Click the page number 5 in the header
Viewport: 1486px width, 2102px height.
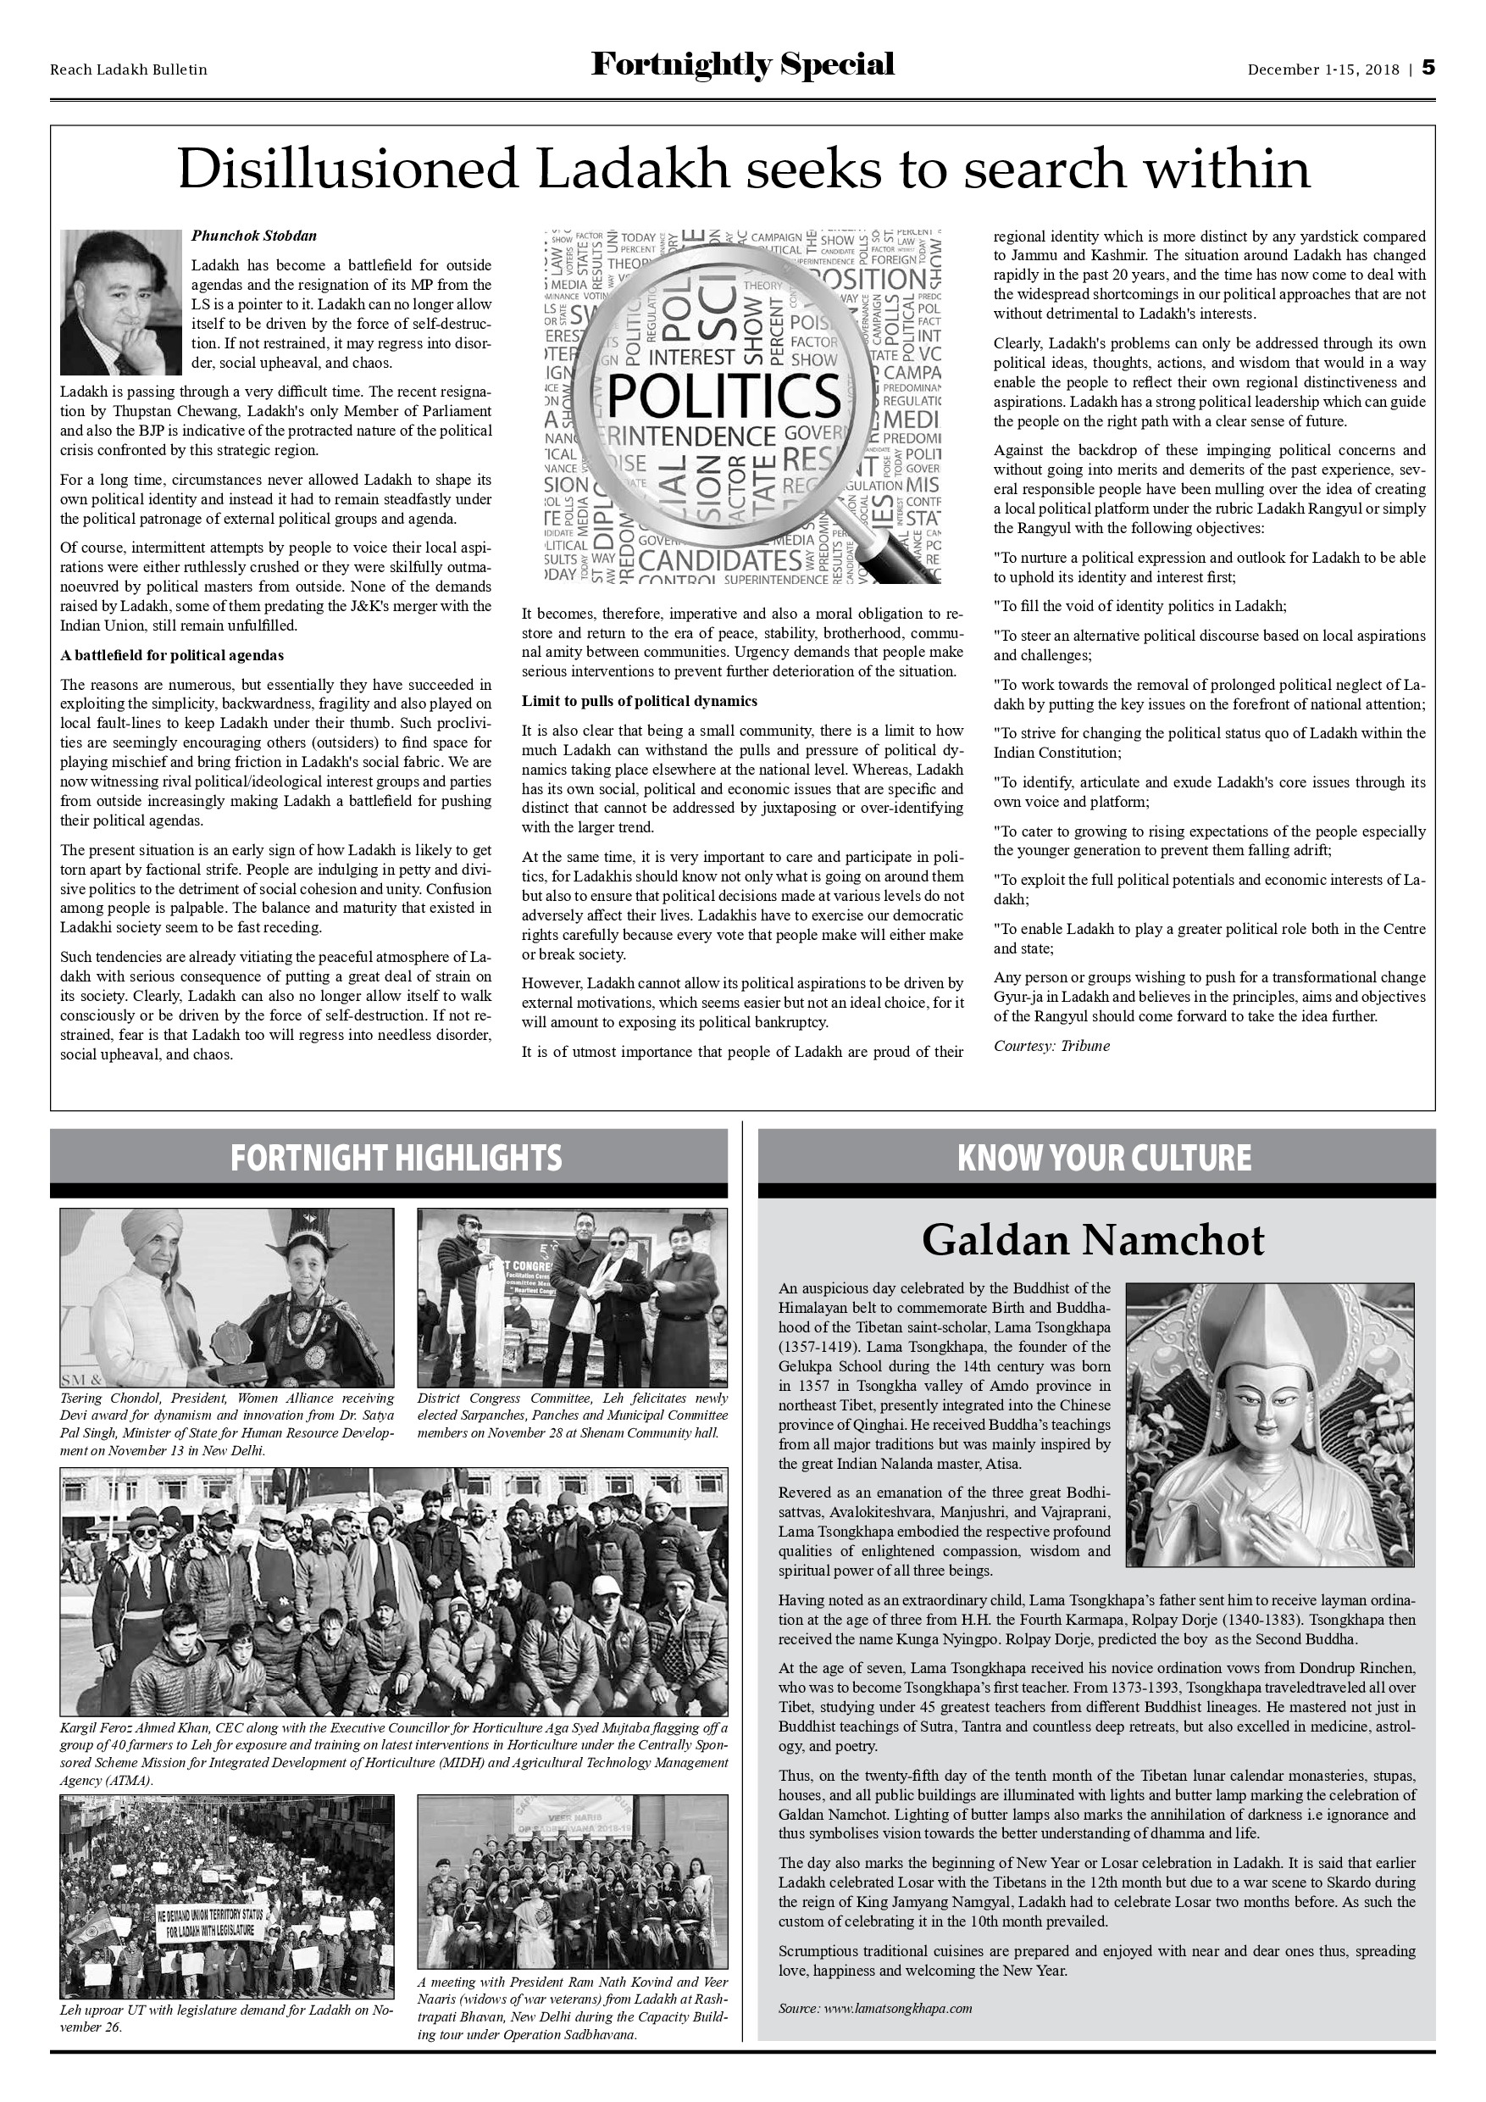1428,69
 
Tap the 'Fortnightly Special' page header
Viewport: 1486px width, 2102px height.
742,65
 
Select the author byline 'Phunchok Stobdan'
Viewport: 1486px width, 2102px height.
253,236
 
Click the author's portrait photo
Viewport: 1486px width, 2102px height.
121,301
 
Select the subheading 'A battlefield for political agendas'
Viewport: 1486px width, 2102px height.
172,655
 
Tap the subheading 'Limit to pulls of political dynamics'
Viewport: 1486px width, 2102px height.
640,701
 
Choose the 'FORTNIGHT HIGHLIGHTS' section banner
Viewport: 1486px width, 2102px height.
396,1158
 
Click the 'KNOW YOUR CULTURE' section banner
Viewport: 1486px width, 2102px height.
1104,1158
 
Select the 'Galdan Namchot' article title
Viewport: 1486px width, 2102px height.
1093,1241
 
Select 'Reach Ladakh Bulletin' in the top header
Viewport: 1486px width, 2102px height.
128,70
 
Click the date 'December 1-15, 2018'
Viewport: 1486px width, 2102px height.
1323,70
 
